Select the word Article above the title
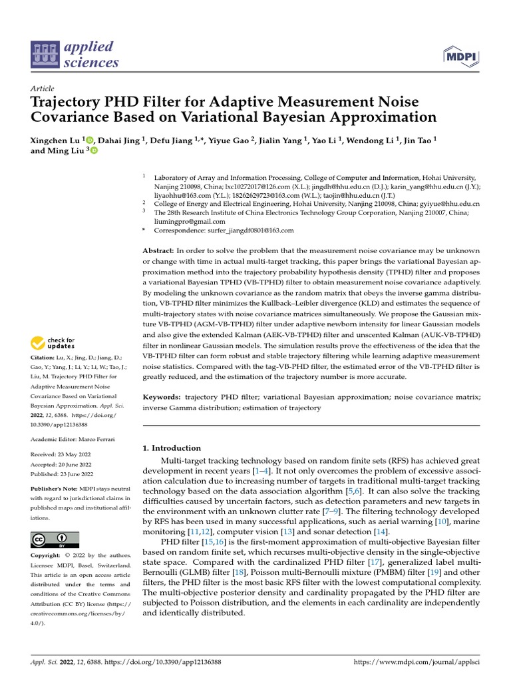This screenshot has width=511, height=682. click(43, 88)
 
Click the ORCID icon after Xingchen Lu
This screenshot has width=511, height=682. click(90, 140)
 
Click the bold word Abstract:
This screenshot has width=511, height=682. click(158, 249)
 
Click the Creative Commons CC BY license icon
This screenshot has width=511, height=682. click(55, 539)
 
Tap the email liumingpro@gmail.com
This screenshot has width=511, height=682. click(190, 221)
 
